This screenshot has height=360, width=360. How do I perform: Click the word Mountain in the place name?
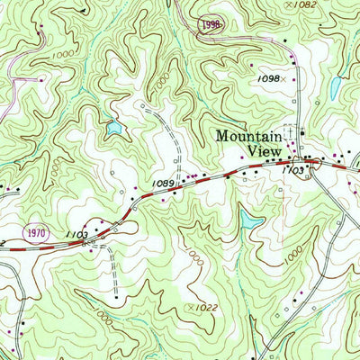pos(247,136)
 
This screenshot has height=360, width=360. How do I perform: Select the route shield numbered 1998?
pos(211,24)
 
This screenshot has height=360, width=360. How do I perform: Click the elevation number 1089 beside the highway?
pos(163,184)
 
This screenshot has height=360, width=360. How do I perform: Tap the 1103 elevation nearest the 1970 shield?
pos(77,233)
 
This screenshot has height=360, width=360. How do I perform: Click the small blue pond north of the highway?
pos(113,129)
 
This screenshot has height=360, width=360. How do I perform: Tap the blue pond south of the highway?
pos(250,219)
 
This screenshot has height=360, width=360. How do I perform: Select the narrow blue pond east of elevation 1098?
pos(335,86)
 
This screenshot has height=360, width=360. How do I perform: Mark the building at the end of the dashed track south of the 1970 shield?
pos(116,294)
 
